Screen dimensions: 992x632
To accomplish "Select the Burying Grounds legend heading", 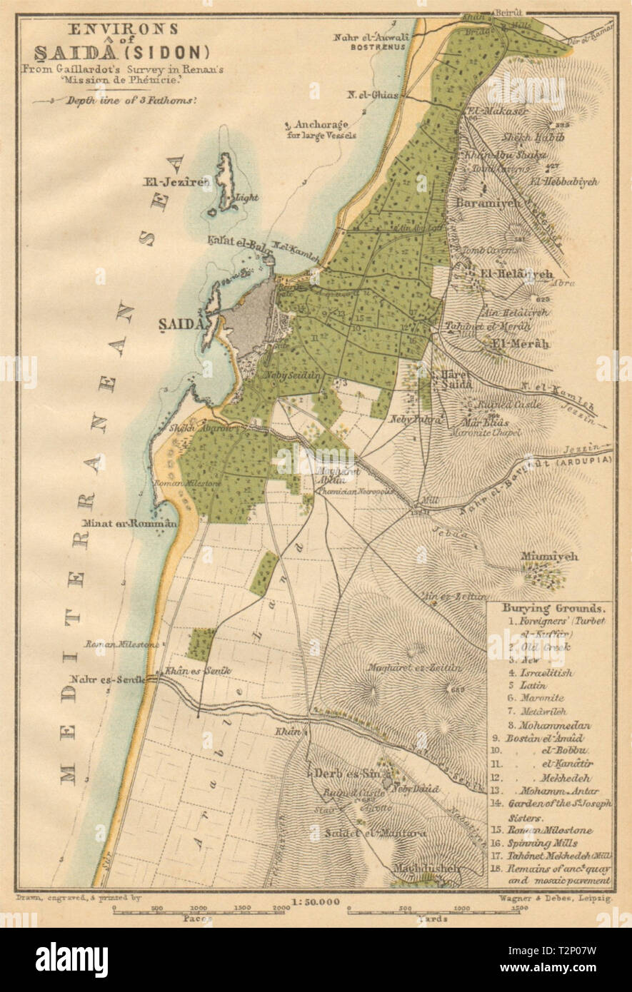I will tap(543, 609).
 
